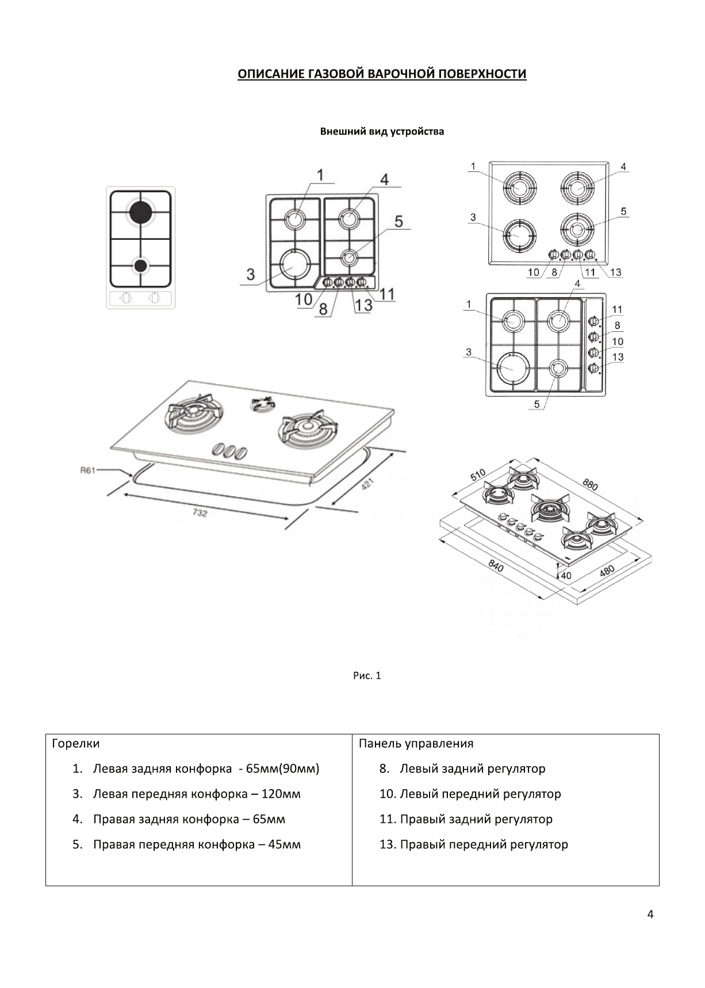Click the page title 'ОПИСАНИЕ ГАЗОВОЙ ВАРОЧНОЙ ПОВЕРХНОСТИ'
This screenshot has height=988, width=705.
[x=382, y=74]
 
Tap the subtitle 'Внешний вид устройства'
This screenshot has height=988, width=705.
[x=382, y=132]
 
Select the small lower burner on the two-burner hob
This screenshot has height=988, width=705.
[x=140, y=265]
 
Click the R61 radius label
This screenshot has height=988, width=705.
[x=87, y=470]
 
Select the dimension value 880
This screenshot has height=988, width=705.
[x=591, y=484]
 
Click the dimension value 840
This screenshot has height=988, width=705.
[x=496, y=566]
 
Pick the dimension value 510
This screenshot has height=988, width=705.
[x=478, y=475]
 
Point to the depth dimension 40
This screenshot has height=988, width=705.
[x=566, y=575]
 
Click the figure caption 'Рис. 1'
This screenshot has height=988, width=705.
[x=367, y=676]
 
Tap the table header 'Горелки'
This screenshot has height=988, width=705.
[x=76, y=744]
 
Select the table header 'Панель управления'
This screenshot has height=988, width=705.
[x=416, y=744]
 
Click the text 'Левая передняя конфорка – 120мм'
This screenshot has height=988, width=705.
[x=197, y=794]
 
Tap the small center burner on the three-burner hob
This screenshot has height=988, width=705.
[x=261, y=405]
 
